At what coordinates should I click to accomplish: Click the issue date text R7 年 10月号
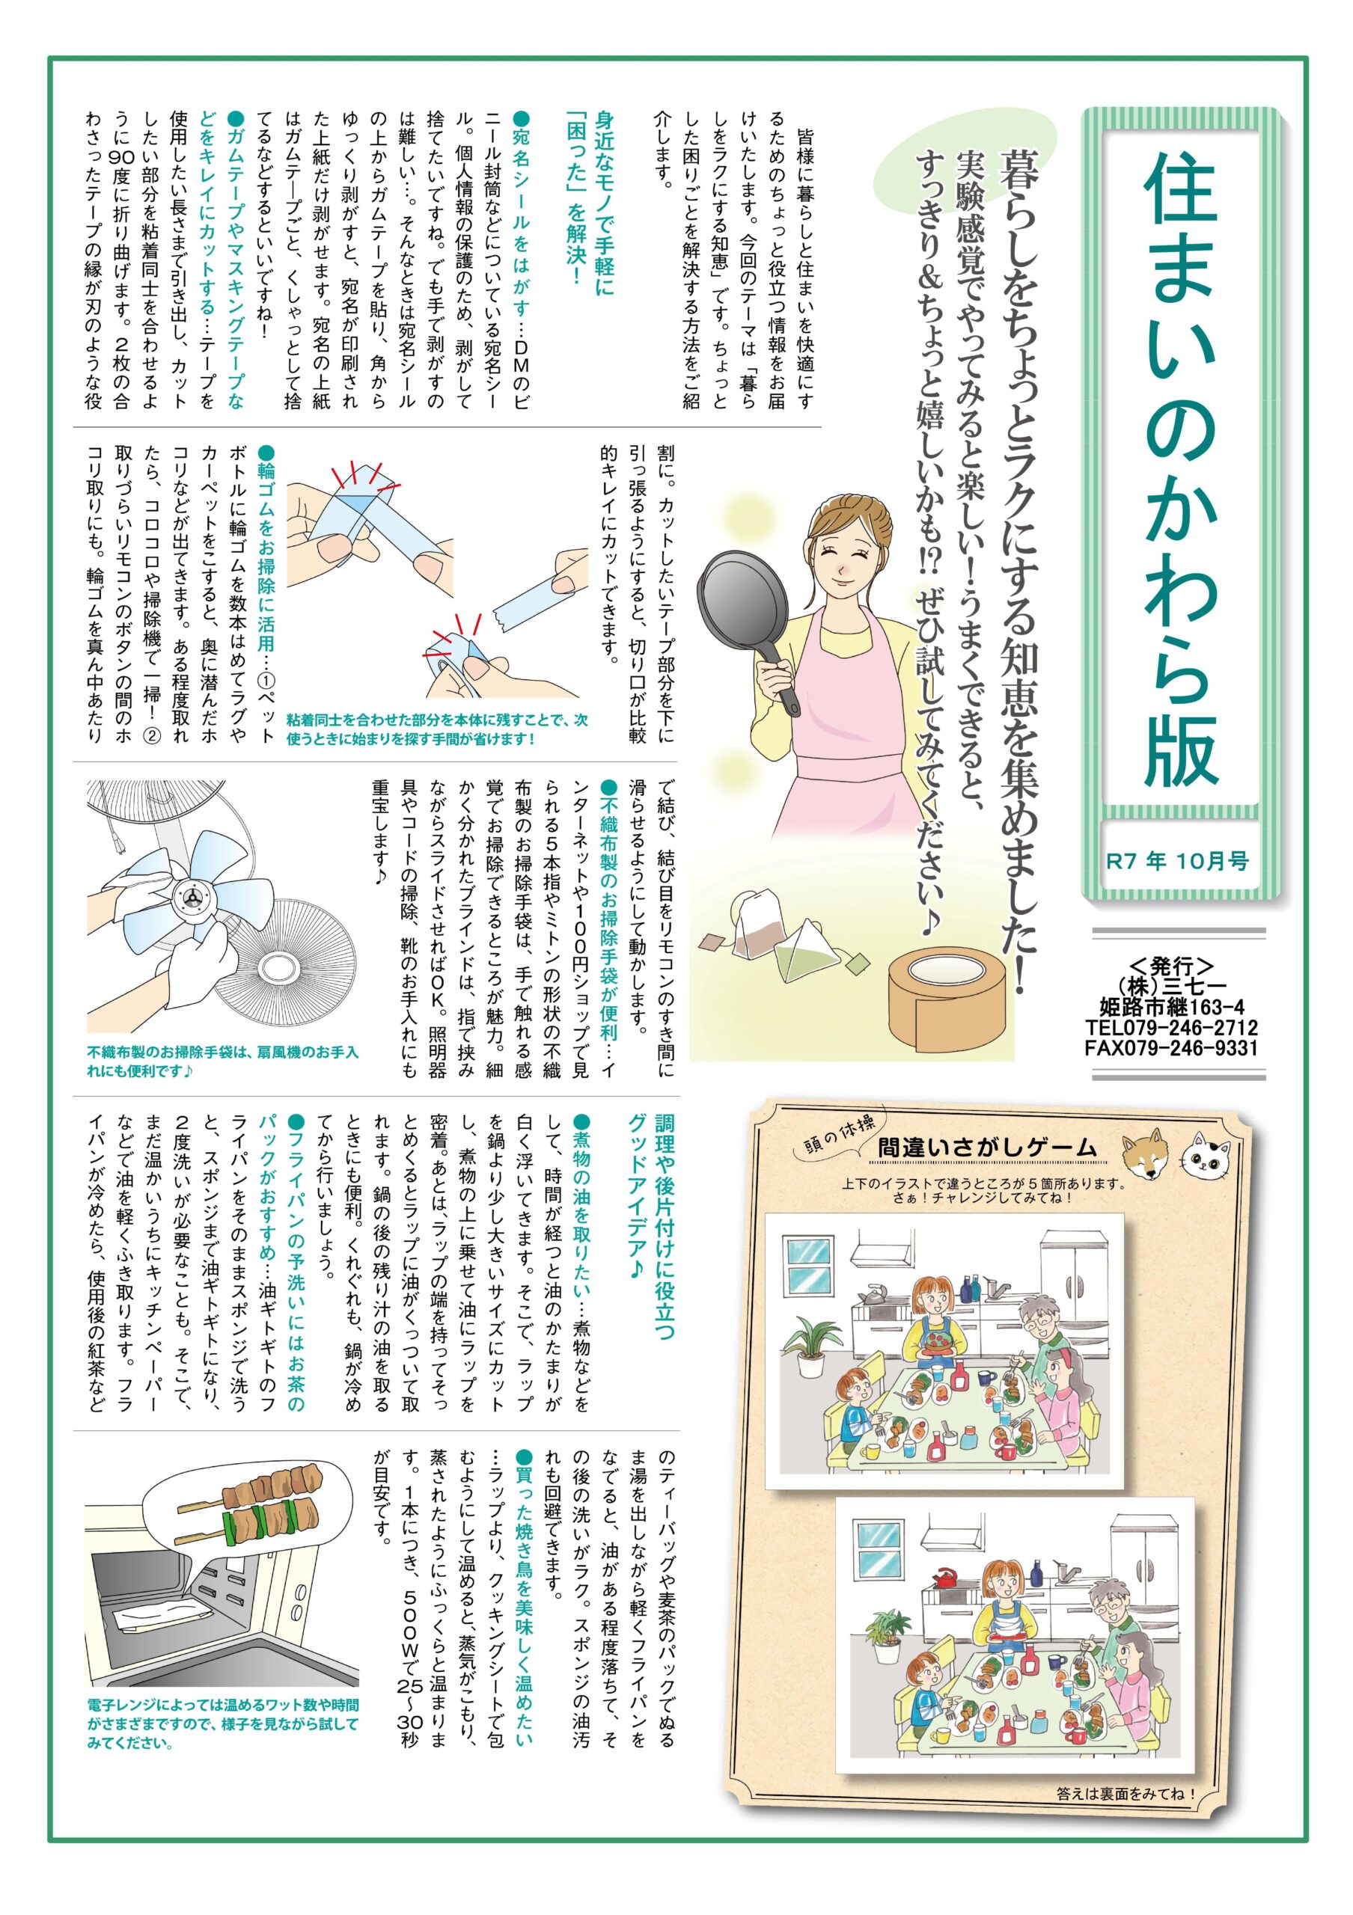[1177, 861]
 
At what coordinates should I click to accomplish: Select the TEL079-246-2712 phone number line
[1171, 1027]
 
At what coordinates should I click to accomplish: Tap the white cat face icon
[1207, 1155]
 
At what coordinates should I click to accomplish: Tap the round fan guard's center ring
[275, 968]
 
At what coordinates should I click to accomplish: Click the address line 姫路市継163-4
[1172, 1007]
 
